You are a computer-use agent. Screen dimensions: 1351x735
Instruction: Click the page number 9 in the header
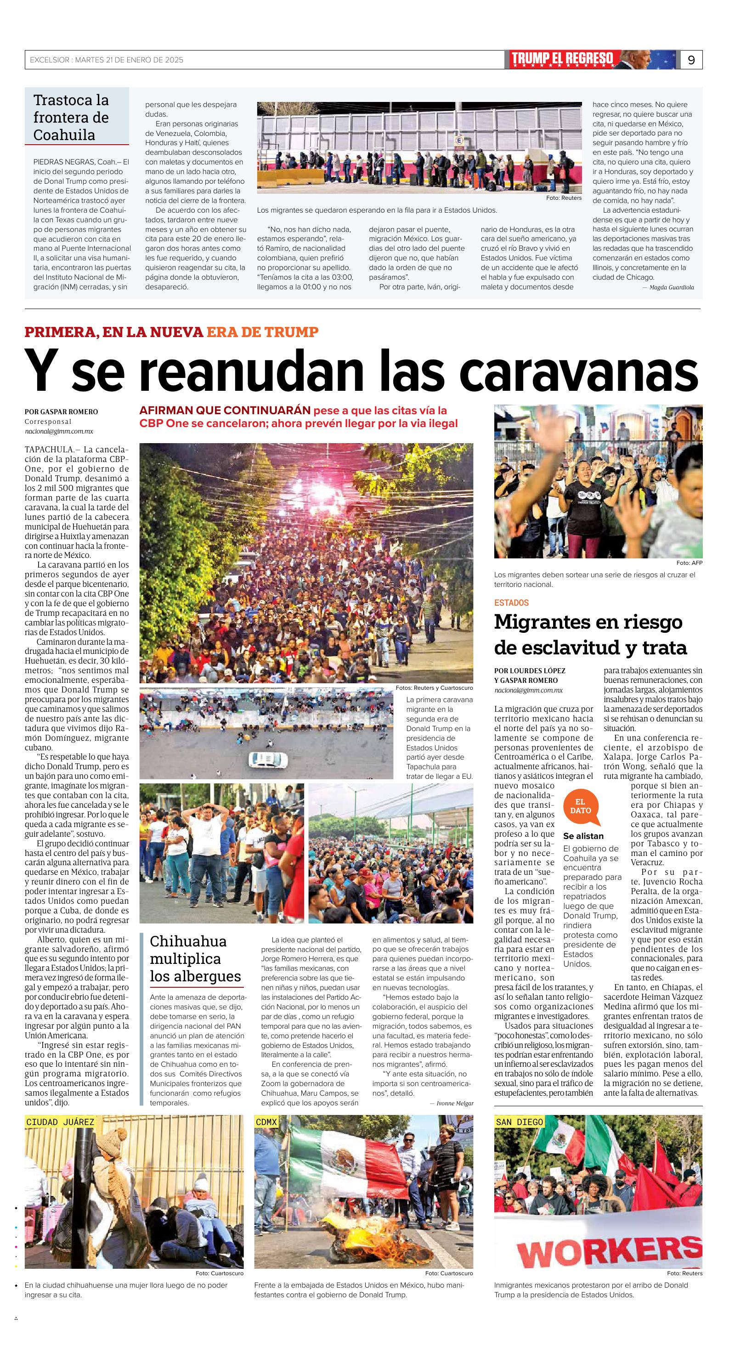691,60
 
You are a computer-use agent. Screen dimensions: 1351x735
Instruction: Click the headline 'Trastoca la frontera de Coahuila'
71,118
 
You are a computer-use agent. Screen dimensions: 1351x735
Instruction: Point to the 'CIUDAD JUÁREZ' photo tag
60,1122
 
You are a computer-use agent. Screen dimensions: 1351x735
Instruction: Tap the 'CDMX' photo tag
266,1122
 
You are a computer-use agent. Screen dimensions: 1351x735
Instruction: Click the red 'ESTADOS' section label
511,603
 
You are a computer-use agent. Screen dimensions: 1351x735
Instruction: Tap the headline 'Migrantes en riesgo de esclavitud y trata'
590,635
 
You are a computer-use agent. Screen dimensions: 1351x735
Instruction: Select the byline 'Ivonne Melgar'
454,1103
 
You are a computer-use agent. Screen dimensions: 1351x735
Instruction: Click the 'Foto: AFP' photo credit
689,563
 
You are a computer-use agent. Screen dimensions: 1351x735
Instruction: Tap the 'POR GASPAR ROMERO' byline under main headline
62,412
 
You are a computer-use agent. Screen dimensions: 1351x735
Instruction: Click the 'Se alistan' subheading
583,836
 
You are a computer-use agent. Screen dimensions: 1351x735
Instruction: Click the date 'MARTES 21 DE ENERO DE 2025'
129,60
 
